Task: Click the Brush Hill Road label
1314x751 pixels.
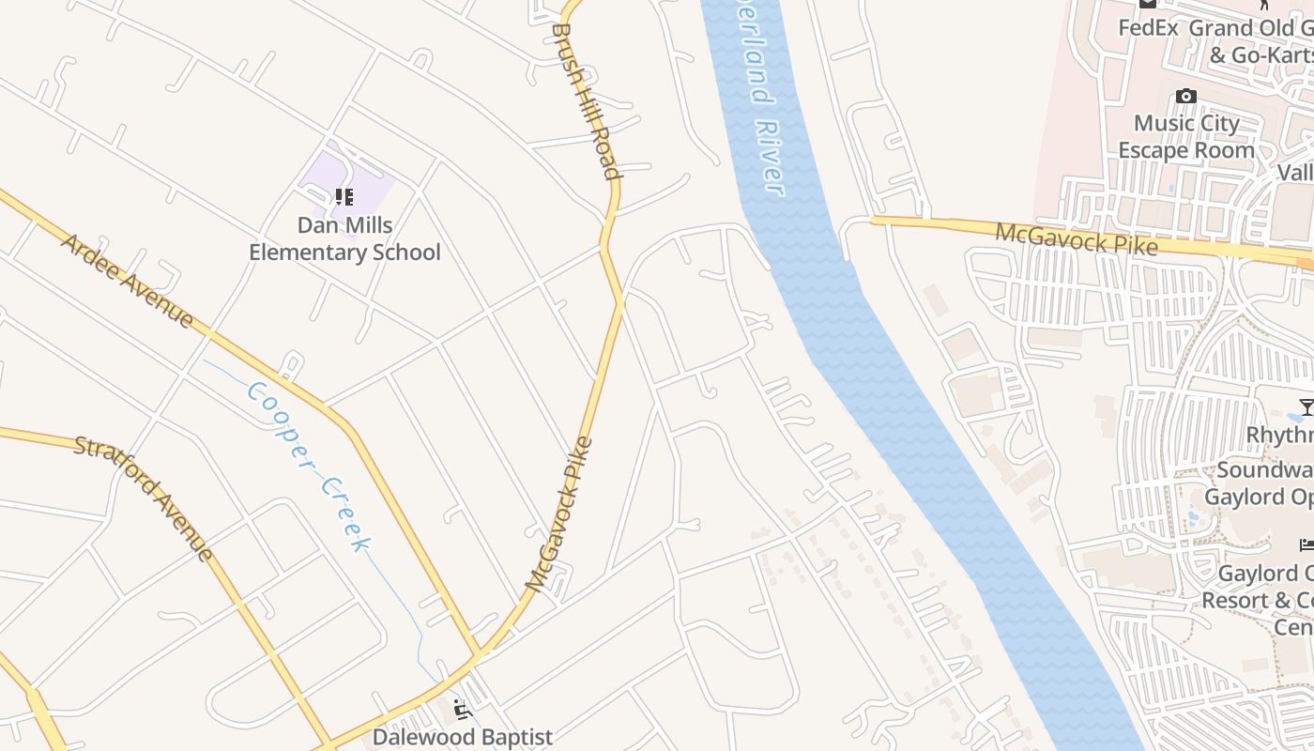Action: click(587, 100)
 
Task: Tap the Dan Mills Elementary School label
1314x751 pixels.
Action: click(344, 238)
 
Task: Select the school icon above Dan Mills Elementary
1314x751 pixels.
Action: click(344, 197)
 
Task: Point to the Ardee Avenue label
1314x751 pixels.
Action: click(128, 281)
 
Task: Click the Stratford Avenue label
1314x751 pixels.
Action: click(144, 498)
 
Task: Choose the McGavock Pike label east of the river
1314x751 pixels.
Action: click(1076, 238)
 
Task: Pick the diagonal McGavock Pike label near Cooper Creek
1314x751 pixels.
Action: click(559, 513)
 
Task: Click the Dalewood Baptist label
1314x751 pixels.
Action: click(463, 737)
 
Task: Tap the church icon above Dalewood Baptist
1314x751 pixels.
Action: click(462, 709)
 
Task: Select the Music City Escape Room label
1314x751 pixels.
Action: click(1186, 137)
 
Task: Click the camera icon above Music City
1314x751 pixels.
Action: click(1186, 97)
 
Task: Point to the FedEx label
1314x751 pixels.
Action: click(1147, 28)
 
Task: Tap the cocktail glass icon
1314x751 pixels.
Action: click(1306, 406)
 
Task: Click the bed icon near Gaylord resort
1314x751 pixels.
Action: click(1306, 545)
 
